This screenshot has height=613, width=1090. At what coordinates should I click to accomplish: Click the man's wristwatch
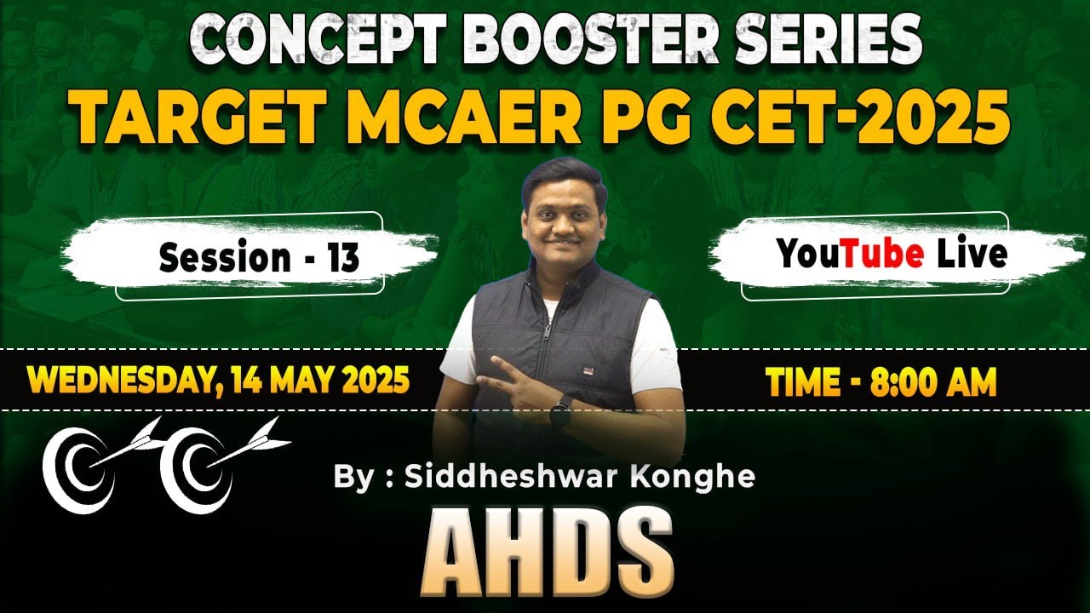click(559, 415)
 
